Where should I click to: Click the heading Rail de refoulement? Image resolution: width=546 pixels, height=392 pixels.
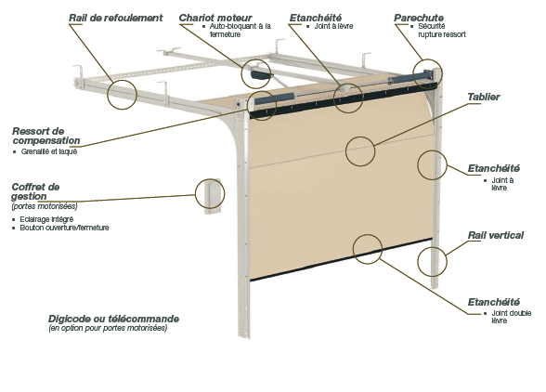point(115,18)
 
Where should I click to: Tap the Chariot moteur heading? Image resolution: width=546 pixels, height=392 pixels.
point(215,18)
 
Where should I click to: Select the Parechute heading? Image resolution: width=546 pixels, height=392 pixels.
point(419,18)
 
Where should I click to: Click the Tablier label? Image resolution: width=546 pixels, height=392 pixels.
point(483,97)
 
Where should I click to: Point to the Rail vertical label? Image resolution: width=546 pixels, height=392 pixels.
point(495,235)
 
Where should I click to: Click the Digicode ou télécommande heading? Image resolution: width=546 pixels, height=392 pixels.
point(113,319)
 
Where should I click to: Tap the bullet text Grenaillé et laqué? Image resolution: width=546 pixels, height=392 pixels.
point(48,151)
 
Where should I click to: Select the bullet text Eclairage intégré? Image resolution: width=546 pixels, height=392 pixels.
point(46,219)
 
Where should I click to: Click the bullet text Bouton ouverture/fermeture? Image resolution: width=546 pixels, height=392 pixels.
point(64,228)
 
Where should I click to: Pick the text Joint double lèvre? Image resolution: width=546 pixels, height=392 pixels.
point(511,317)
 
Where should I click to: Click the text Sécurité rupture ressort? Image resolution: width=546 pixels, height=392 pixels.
point(442,31)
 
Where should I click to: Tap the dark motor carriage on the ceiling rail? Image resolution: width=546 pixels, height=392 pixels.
point(258,73)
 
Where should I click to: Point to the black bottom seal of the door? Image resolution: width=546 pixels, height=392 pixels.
point(342,259)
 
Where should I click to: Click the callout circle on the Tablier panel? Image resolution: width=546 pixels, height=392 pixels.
point(360,151)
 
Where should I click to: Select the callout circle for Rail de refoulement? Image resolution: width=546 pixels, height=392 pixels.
point(122,95)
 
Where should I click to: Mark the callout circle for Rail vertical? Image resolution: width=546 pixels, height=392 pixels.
point(432,261)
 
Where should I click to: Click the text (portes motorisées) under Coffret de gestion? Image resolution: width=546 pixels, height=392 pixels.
point(45,206)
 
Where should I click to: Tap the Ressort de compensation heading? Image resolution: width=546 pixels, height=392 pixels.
point(46,136)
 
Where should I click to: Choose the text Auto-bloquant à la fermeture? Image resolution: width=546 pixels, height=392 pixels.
point(240,31)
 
